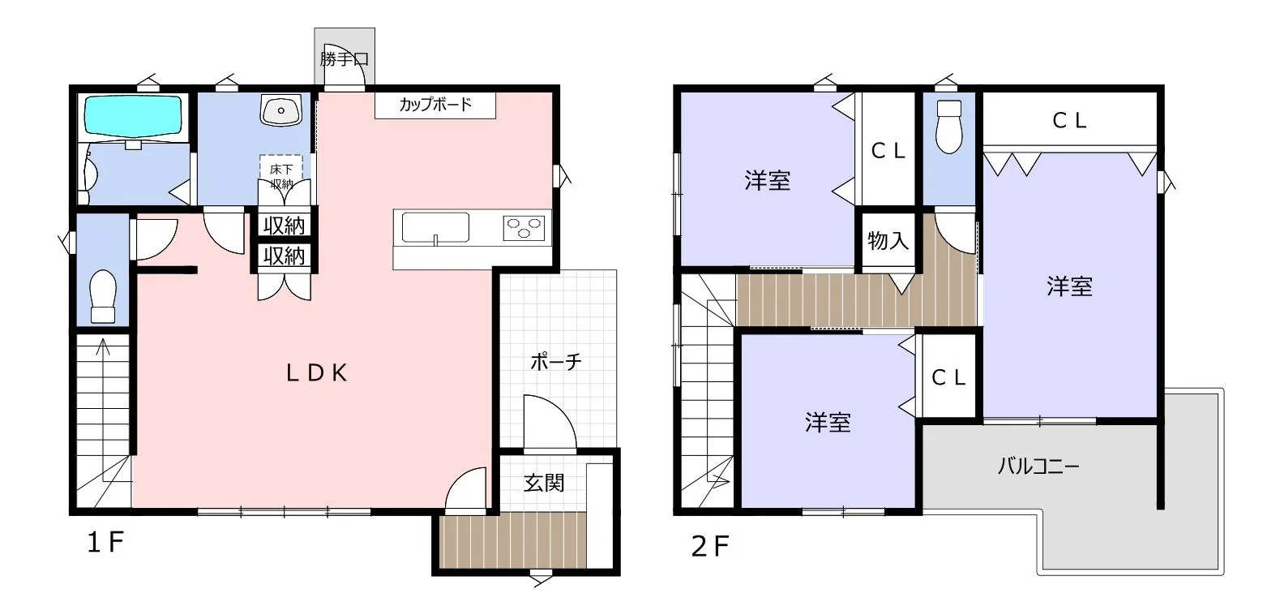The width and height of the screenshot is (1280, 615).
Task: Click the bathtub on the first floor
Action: click(133, 116)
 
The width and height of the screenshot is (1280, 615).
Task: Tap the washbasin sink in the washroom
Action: click(280, 110)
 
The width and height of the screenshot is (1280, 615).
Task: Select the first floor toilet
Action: click(103, 296)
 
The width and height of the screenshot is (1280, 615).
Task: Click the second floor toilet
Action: click(949, 127)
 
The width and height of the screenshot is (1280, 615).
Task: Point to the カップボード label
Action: click(435, 104)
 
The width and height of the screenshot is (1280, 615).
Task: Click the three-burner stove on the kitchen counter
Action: click(524, 228)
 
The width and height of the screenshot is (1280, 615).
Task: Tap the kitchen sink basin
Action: click(435, 228)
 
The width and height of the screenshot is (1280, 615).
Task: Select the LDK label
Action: click(317, 373)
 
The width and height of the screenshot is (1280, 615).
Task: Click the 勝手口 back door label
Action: click(344, 59)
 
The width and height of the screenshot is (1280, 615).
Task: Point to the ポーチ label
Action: click(556, 362)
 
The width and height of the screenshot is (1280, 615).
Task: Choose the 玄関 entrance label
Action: click(544, 484)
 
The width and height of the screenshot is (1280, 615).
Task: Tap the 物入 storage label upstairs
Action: click(888, 240)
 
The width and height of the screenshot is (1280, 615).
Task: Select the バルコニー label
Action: click(1039, 467)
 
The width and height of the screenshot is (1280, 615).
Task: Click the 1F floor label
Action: click(105, 542)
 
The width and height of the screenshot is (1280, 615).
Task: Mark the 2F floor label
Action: click(710, 546)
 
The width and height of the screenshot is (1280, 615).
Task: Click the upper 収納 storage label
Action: click(284, 226)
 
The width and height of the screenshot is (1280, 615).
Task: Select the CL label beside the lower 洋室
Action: click(948, 377)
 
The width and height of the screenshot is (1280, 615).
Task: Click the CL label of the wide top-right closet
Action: click(1069, 120)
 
